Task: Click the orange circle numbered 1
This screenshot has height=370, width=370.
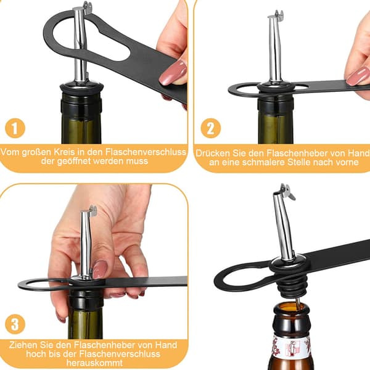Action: click(15, 128)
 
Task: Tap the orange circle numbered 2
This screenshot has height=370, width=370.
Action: click(210, 128)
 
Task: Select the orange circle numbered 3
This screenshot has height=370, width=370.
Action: click(15, 324)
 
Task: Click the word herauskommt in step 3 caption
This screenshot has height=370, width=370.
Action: click(94, 363)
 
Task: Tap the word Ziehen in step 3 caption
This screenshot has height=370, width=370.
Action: click(23, 345)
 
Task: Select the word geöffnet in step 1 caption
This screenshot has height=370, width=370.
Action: click(75, 161)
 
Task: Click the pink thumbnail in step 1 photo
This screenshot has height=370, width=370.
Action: click(173, 72)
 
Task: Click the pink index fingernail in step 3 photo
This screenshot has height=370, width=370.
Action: click(100, 269)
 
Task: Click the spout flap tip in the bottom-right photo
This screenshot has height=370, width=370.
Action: click(294, 198)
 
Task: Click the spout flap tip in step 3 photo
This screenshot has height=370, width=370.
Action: click(94, 210)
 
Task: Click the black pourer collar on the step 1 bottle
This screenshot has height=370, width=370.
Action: click(81, 88)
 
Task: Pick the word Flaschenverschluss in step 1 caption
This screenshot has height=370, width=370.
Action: click(146, 152)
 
